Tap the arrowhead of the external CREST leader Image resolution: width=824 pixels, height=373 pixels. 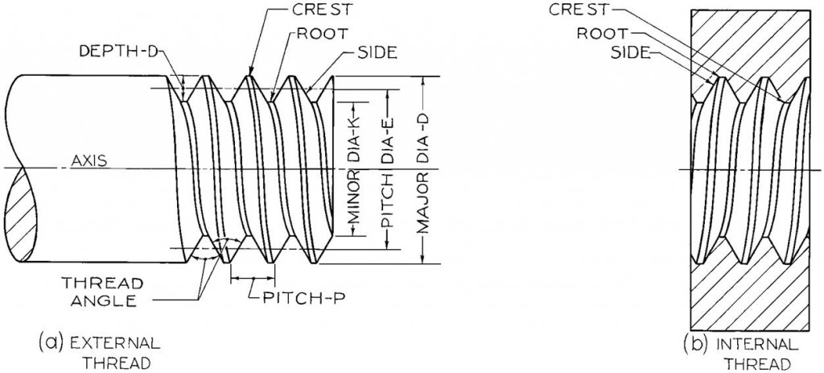pyautogui.click(x=251, y=73)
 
